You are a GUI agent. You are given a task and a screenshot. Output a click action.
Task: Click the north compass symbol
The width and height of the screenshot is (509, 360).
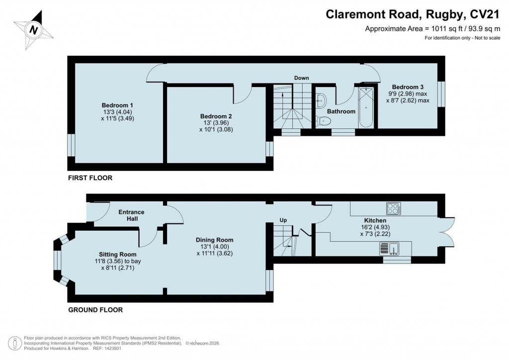(33, 30)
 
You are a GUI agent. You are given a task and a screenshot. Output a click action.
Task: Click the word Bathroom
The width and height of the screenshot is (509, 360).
(341, 111)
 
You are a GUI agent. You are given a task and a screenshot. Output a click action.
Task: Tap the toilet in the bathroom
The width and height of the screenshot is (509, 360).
(324, 120)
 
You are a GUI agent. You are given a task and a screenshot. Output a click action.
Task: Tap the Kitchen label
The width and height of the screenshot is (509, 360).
(375, 220)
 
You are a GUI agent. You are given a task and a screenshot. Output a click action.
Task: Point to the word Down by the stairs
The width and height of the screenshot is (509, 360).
(301, 78)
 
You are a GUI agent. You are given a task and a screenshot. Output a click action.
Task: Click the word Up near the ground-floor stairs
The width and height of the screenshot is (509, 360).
(283, 220)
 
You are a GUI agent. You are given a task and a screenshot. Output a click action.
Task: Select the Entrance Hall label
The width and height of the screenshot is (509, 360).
(131, 215)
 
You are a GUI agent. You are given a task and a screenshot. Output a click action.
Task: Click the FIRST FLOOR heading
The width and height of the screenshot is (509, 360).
(90, 178)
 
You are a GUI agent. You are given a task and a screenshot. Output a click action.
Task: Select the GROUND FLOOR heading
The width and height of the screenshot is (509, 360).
(95, 310)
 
